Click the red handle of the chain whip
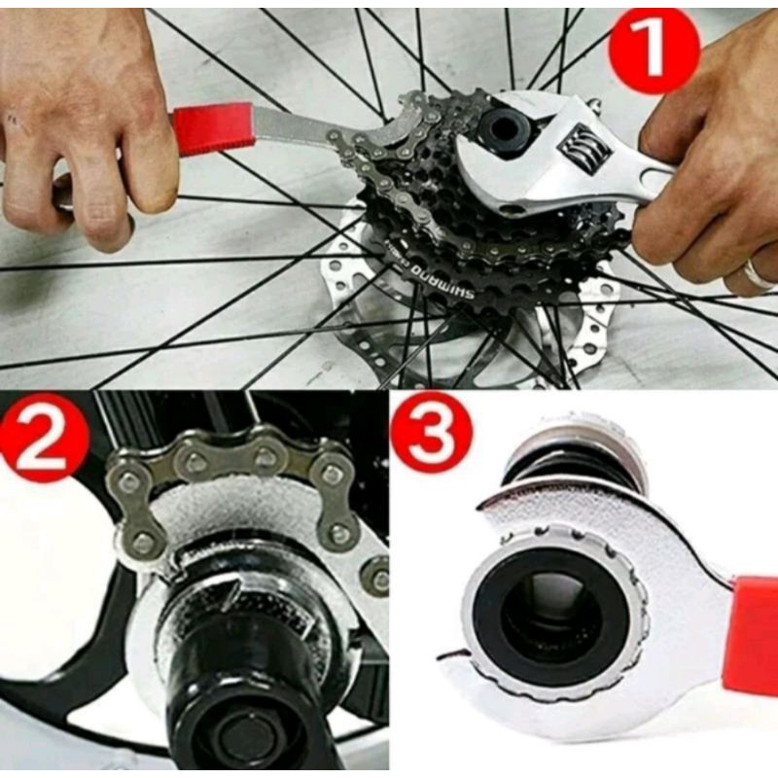point(213,130)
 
